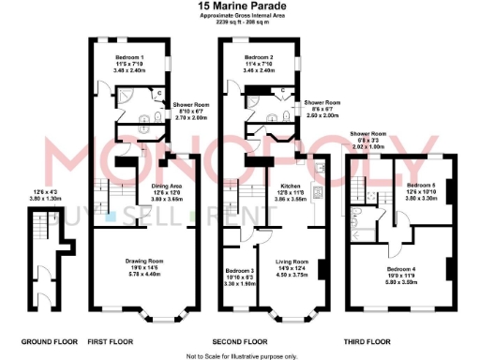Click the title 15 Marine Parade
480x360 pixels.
pyautogui.click(x=241, y=6)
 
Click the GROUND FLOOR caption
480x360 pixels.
pyautogui.click(x=39, y=340)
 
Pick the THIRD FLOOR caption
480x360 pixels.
pyautogui.click(x=401, y=340)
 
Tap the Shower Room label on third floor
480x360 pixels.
pyautogui.click(x=367, y=134)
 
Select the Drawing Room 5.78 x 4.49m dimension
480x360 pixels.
pyautogui.click(x=145, y=275)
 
